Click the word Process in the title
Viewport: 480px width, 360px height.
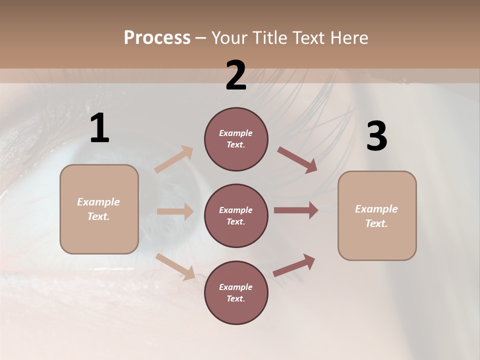pos(157,38)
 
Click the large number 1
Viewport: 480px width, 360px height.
pos(99,128)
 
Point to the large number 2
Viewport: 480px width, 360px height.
pos(236,75)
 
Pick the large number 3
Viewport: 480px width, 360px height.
pos(376,136)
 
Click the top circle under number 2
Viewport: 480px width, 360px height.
pos(236,139)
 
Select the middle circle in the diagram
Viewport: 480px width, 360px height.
pos(236,215)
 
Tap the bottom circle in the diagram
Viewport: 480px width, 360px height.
pos(236,292)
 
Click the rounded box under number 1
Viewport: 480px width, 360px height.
pos(99,209)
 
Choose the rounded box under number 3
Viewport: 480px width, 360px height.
pos(377,216)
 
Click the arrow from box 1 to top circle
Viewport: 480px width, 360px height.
pos(174,159)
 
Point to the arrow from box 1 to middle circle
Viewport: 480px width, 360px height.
pos(175,211)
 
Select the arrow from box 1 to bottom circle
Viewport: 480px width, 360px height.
pos(175,266)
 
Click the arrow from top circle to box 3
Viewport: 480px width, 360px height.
pos(297,160)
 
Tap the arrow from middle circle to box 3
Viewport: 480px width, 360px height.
pos(296,210)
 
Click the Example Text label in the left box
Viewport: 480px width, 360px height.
pos(99,209)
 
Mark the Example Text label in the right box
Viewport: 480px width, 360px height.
pos(377,216)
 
